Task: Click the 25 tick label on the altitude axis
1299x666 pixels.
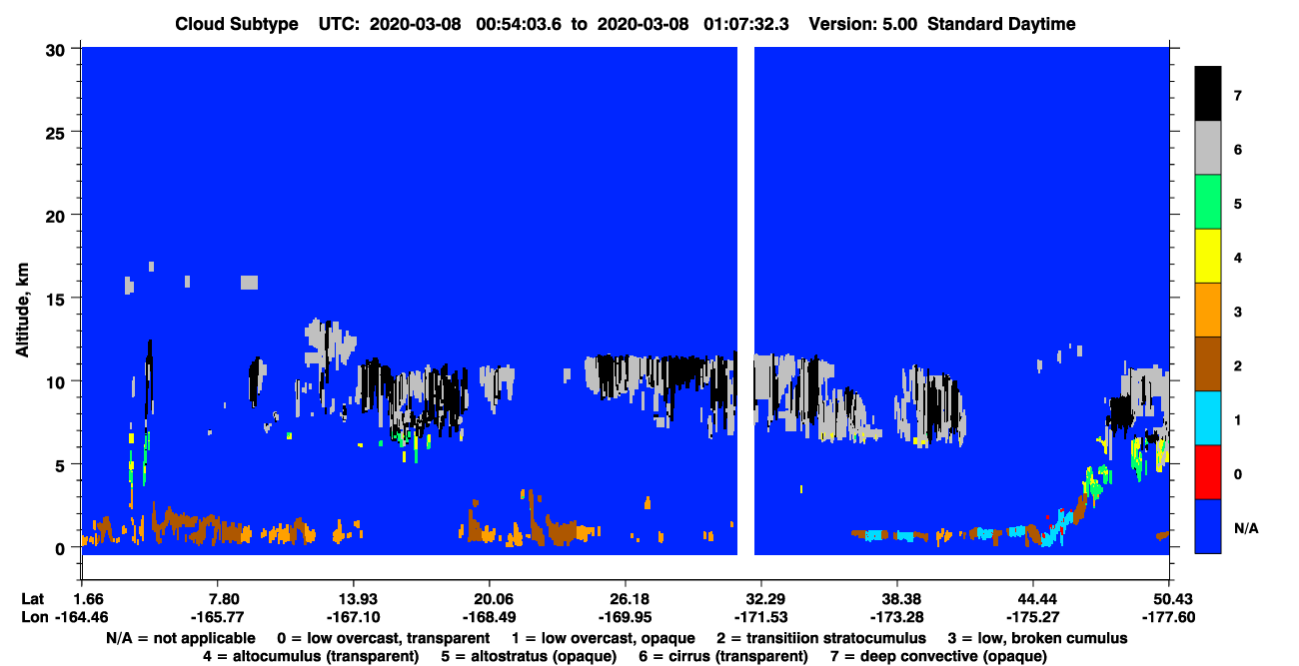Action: (x=55, y=134)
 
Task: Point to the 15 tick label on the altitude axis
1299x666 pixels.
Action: (x=55, y=301)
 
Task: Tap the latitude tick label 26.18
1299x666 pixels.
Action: (x=626, y=599)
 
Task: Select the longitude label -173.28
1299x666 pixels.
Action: (x=897, y=617)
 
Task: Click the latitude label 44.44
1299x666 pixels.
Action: (x=1033, y=599)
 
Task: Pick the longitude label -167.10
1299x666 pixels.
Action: (x=354, y=617)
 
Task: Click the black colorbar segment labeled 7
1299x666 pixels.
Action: (x=1208, y=93)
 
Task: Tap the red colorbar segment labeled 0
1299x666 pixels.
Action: (x=1208, y=472)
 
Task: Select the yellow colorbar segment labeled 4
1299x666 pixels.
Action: (x=1208, y=256)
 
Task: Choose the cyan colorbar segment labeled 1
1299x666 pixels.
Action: (x=1208, y=418)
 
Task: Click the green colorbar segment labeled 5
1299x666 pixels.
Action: (x=1208, y=202)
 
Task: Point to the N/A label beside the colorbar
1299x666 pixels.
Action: (x=1246, y=528)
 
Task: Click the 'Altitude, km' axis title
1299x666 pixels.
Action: (x=22, y=310)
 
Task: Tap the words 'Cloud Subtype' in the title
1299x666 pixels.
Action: (x=237, y=24)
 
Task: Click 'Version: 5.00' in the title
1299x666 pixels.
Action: (x=863, y=24)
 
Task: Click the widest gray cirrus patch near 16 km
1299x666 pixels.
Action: (x=250, y=283)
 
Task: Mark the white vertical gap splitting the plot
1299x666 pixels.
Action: (x=745, y=301)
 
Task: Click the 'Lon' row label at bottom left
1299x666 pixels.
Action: (x=35, y=617)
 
